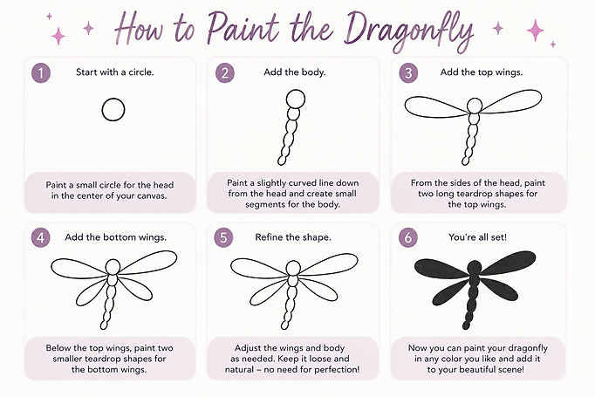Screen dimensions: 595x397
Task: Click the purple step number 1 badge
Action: pyautogui.click(x=41, y=73)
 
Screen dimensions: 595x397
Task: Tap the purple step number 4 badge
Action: pyautogui.click(x=41, y=238)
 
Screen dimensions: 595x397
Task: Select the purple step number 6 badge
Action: pyautogui.click(x=408, y=238)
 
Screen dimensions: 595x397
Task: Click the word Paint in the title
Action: pyautogui.click(x=243, y=28)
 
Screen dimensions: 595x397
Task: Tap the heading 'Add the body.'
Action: pyautogui.click(x=295, y=72)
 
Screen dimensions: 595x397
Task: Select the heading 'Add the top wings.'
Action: pyautogui.click(x=482, y=72)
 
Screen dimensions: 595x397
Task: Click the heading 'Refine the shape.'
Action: pyautogui.click(x=293, y=237)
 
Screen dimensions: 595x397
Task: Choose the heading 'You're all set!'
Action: pyautogui.click(x=477, y=237)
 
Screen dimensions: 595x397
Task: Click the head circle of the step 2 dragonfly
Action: pyautogui.click(x=295, y=99)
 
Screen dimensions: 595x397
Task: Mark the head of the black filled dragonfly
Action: pyautogui.click(x=475, y=268)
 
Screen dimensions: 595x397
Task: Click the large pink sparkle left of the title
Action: pyautogui.click(x=58, y=36)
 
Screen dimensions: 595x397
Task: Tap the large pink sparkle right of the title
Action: pyautogui.click(x=536, y=30)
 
